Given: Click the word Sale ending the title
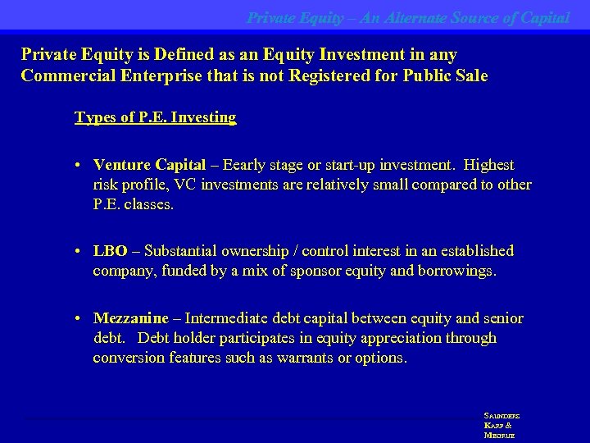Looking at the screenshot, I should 470,76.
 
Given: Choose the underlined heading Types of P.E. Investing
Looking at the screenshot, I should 156,117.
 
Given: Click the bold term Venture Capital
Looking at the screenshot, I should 149,165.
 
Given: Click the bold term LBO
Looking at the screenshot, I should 111,251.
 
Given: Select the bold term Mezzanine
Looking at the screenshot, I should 131,318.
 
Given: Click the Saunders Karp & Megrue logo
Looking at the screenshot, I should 501,426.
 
